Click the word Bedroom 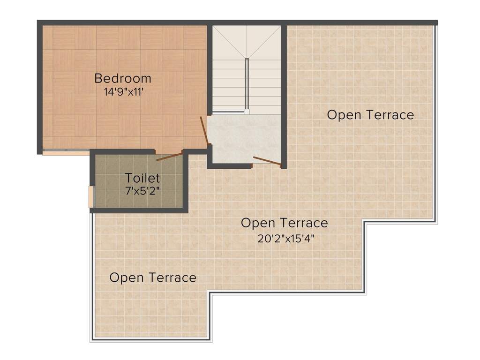(123, 78)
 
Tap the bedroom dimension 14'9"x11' (124, 92)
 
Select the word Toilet (142, 178)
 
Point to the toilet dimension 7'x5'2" (142, 191)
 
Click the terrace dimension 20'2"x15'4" (286, 238)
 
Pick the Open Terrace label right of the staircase (370, 115)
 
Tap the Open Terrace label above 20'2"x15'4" (285, 223)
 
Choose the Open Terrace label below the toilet (153, 277)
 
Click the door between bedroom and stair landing (204, 131)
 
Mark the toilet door (170, 156)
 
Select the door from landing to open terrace (267, 162)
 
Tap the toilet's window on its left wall (91, 196)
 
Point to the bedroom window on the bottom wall (66, 152)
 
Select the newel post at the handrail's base (247, 112)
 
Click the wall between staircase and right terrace (284, 97)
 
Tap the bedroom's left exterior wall (39, 88)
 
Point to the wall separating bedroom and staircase (210, 70)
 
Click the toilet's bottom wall (139, 210)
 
